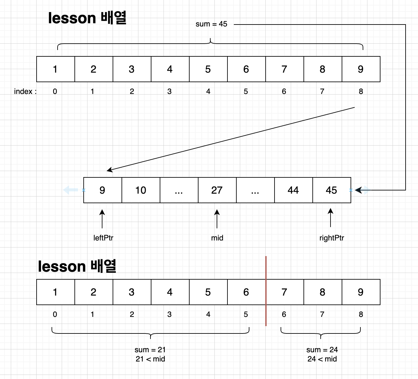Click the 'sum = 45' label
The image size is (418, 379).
(x=211, y=24)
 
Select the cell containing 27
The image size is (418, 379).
(x=217, y=190)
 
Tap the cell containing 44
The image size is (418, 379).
(x=293, y=190)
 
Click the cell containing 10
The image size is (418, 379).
(x=141, y=190)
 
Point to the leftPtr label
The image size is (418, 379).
(x=103, y=238)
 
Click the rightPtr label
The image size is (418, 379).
(x=331, y=238)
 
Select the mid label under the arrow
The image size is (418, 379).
(x=217, y=238)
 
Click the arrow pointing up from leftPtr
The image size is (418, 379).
(x=102, y=219)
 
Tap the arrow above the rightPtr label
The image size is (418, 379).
(x=331, y=218)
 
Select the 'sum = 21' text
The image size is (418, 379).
(x=150, y=350)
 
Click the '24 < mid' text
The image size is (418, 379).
(x=322, y=359)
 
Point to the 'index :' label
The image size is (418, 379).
(x=25, y=92)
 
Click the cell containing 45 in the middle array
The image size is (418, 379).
(x=331, y=190)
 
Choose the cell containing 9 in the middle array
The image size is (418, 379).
(x=102, y=190)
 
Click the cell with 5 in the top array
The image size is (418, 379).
(x=208, y=69)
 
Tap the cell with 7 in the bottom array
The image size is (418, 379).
(x=284, y=292)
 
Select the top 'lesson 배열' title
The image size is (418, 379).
(x=87, y=18)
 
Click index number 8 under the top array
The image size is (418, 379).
(x=361, y=92)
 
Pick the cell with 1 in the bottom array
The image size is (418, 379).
(x=55, y=292)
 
